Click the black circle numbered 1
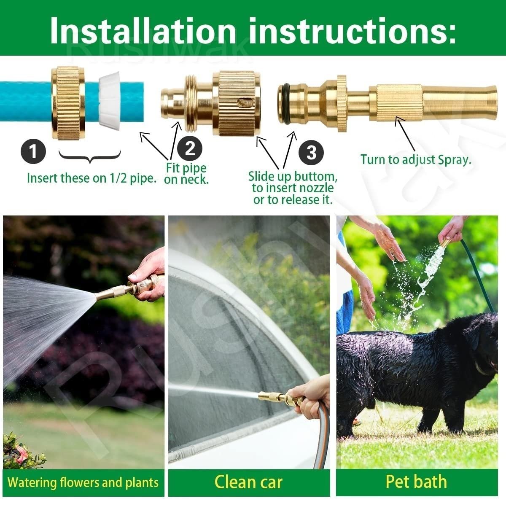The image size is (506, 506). [x=33, y=151]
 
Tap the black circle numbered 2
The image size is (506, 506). [x=190, y=148]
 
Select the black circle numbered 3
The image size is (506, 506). [x=311, y=152]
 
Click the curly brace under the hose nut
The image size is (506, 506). [x=90, y=157]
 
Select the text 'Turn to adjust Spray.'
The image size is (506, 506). [x=415, y=160]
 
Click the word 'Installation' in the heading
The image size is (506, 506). [x=143, y=30]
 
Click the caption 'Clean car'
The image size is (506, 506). [x=248, y=482]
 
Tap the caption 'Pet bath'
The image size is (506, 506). [x=416, y=482]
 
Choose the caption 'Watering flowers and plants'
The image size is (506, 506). [x=83, y=482]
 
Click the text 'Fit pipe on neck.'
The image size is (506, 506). [x=186, y=173]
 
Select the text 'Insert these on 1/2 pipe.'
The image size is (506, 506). [x=92, y=178]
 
